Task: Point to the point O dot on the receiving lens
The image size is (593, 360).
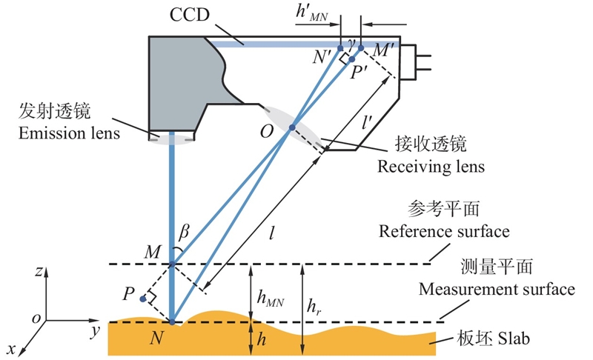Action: click(291, 127)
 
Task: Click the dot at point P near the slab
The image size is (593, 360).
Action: click(142, 299)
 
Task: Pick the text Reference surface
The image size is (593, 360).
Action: click(444, 231)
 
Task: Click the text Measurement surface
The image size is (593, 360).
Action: click(497, 289)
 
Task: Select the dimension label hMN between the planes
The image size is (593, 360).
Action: click(271, 297)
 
